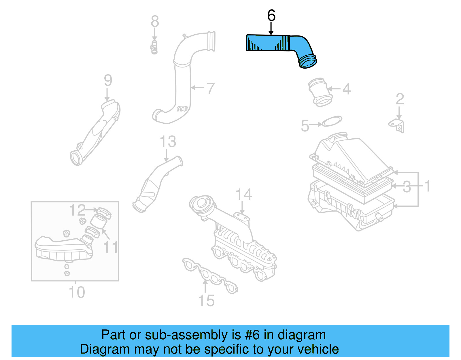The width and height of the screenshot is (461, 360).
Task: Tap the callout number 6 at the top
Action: pyautogui.click(x=271, y=16)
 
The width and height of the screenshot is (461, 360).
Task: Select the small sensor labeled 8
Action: pyautogui.click(x=154, y=47)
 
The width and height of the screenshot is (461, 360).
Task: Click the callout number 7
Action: pyautogui.click(x=211, y=88)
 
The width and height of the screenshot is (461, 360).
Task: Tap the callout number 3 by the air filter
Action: pyautogui.click(x=407, y=187)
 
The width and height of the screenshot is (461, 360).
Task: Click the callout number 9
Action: pyautogui.click(x=108, y=80)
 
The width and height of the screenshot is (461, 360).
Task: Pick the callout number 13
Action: pyautogui.click(x=168, y=142)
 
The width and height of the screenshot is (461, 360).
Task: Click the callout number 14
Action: pyautogui.click(x=244, y=195)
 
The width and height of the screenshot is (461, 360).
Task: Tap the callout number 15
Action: pyautogui.click(x=207, y=301)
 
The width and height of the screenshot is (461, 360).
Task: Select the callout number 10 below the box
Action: pyautogui.click(x=77, y=292)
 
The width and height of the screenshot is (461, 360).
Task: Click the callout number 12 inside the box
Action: pyautogui.click(x=77, y=210)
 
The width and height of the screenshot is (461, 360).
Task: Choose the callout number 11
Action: pyautogui.click(x=111, y=247)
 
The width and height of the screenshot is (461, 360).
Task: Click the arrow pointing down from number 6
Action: pyautogui.click(x=271, y=29)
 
